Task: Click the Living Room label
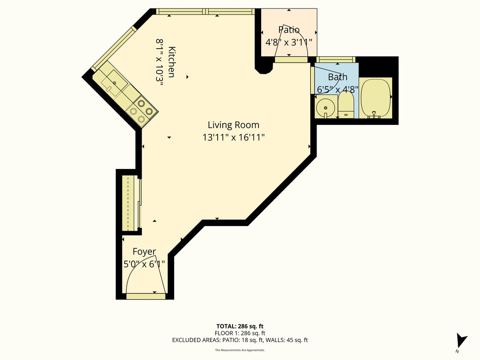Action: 233,125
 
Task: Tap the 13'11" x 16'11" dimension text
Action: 233,137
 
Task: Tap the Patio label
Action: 289,30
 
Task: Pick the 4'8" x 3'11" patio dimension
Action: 289,42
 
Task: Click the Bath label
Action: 337,77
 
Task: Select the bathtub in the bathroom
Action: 376,98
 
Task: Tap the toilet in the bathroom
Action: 346,105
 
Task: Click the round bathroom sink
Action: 326,107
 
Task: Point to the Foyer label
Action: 144,252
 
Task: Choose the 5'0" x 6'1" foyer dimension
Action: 144,264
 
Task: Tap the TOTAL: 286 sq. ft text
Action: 240,326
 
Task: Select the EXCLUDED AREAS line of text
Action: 240,340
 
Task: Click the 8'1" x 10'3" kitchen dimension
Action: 160,62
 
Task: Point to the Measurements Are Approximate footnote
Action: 240,350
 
